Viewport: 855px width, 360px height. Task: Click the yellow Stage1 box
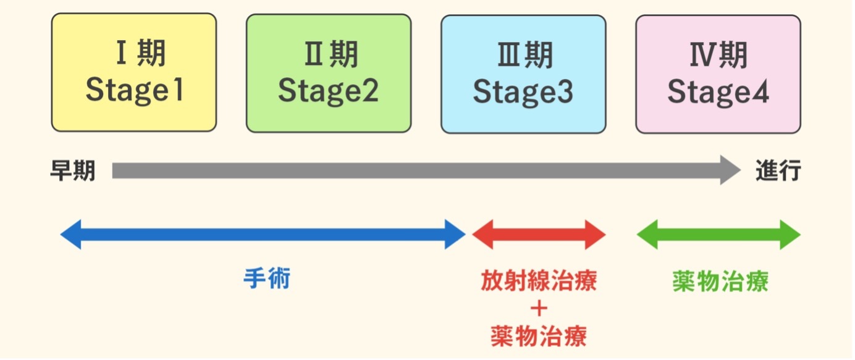coord(134,73)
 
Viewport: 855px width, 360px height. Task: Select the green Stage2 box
coord(329,73)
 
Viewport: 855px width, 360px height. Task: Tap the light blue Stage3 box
coord(523,73)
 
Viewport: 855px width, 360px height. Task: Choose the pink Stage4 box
coord(718,73)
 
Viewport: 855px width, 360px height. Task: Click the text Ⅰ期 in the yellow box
coord(141,54)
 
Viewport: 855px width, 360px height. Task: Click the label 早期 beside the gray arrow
coord(73,171)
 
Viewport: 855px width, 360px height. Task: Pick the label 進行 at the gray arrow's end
coord(778,171)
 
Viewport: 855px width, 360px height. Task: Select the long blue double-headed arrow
coord(263,235)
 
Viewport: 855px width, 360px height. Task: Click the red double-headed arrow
coord(539,235)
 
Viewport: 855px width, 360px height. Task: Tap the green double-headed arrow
coord(718,235)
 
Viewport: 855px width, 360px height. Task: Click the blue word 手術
coord(267,279)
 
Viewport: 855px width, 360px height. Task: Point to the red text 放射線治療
coord(539,281)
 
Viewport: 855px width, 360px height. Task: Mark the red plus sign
coord(539,309)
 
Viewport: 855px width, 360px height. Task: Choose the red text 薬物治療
coord(539,336)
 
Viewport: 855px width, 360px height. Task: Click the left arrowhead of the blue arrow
coord(70,235)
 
